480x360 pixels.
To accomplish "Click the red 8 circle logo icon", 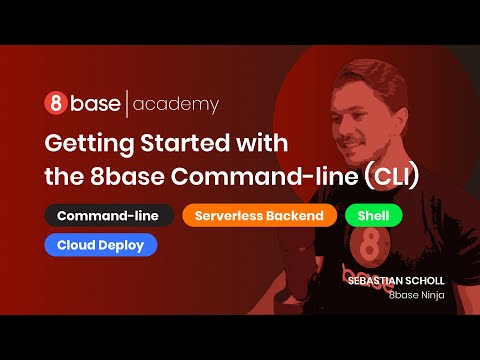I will coord(56,103).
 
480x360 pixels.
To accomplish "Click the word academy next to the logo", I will coord(175,104).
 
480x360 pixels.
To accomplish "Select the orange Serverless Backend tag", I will coord(259,215).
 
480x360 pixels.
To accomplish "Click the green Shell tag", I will coord(373,215).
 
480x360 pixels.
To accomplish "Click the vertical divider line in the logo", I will coord(126,103).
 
